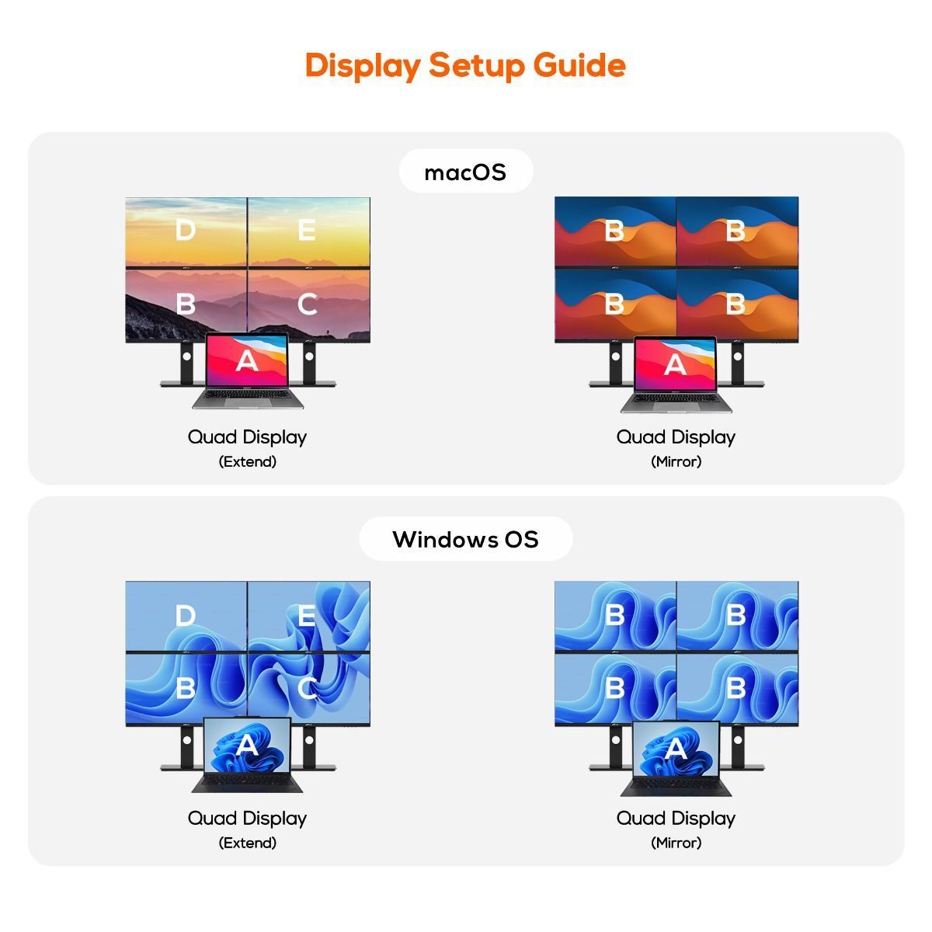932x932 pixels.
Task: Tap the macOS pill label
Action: (465, 172)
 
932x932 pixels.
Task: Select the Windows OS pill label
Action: (465, 539)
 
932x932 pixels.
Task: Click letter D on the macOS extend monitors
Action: (186, 230)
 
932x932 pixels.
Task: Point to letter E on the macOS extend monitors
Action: (307, 230)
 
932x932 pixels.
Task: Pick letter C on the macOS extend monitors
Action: (307, 304)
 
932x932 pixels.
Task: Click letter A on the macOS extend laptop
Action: (247, 360)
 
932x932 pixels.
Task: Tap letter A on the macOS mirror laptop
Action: (675, 364)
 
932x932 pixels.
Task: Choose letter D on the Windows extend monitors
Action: (186, 615)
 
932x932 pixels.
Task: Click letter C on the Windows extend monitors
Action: (307, 688)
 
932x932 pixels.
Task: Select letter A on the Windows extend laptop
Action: (247, 745)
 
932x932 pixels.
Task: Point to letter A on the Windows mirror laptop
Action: (675, 749)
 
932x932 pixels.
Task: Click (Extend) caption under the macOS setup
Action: (247, 461)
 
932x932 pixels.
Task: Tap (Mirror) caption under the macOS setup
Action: (676, 461)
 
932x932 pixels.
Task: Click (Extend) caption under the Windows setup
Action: (247, 843)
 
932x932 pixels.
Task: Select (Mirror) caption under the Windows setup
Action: (676, 843)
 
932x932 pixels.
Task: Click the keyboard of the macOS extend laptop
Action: (248, 395)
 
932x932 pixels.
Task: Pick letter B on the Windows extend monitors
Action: (186, 688)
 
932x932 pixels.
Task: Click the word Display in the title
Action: (363, 65)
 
